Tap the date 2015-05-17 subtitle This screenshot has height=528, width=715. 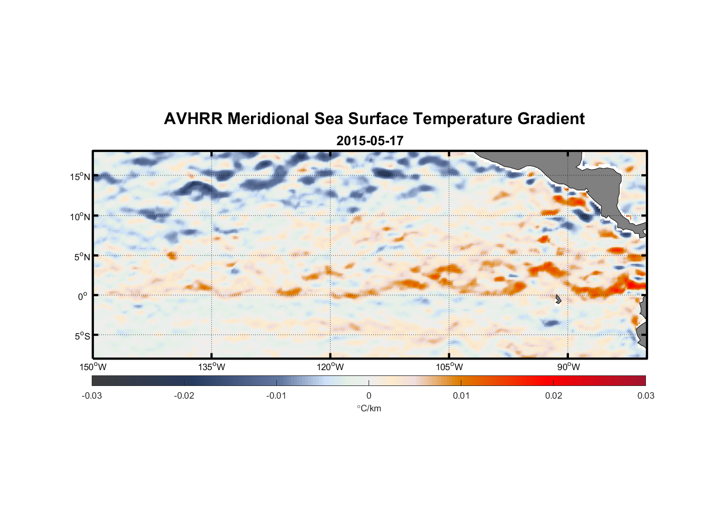point(370,141)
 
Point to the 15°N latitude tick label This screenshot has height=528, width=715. point(80,176)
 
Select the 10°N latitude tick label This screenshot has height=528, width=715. point(80,216)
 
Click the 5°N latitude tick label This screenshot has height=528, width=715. point(82,257)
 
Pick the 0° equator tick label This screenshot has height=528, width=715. point(83,296)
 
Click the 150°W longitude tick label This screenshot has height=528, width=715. point(93,367)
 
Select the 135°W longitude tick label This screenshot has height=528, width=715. point(211,367)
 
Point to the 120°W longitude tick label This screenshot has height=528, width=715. point(330,367)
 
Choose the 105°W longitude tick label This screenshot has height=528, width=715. point(449,367)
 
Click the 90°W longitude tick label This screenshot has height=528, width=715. point(568,367)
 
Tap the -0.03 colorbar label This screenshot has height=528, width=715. point(92,395)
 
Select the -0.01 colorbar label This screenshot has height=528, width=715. point(276,395)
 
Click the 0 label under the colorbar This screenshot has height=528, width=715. point(369,395)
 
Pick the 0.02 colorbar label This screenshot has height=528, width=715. point(554,395)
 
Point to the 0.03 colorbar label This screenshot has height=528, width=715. point(645,395)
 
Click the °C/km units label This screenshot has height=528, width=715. point(369,408)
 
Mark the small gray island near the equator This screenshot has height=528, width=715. point(558,299)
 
